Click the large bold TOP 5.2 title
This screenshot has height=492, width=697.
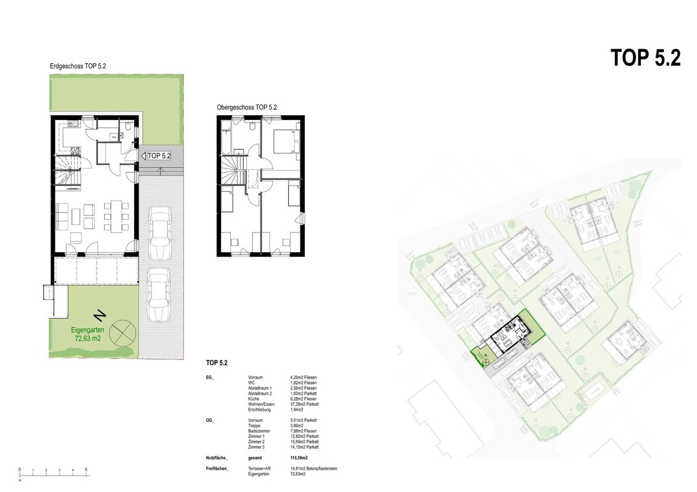click(x=645, y=58)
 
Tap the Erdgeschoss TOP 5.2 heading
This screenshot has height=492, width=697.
click(x=78, y=66)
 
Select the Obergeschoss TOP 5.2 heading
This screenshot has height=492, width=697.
click(x=246, y=107)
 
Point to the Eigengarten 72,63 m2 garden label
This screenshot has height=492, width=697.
click(x=91, y=334)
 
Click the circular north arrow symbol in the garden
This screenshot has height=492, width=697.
click(x=124, y=331)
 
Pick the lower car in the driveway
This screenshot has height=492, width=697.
click(x=159, y=293)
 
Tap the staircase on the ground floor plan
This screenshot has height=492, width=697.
click(x=68, y=172)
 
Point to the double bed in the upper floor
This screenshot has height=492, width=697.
click(x=283, y=141)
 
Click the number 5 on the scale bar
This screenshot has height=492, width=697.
click(x=86, y=469)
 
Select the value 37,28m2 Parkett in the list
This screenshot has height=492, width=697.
click(x=304, y=404)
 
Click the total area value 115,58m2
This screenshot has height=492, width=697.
click(x=299, y=458)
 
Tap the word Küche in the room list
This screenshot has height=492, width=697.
click(x=254, y=399)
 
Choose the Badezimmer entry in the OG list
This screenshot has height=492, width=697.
click(x=259, y=431)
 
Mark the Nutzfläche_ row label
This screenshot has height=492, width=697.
click(x=217, y=458)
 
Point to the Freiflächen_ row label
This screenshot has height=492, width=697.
click(x=217, y=469)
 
